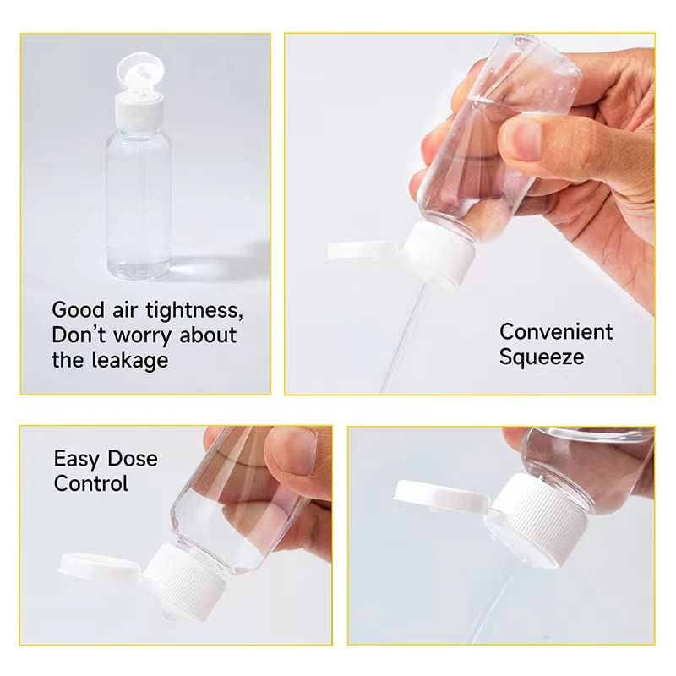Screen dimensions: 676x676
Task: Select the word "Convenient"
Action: (x=556, y=331)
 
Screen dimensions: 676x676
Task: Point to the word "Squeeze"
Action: (x=541, y=357)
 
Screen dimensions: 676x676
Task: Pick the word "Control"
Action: (x=90, y=484)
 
